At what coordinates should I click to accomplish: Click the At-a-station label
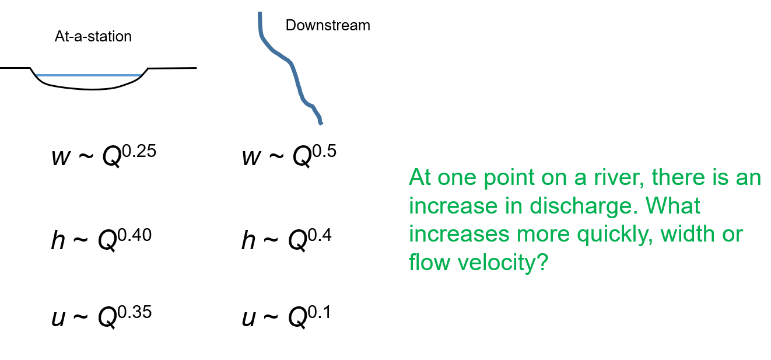coord(93,37)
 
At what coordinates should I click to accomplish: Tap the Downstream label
coord(328,26)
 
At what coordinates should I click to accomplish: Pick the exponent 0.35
coord(135,312)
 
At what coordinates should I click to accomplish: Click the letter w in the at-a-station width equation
coord(61,158)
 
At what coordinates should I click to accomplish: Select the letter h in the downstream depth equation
coord(249,240)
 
